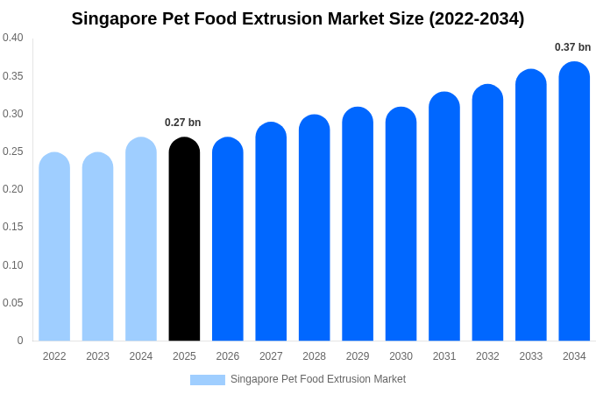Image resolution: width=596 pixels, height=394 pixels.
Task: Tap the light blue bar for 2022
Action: click(54, 247)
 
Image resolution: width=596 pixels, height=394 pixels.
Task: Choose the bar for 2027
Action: click(271, 232)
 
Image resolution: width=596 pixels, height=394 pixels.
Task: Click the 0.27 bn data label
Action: click(183, 123)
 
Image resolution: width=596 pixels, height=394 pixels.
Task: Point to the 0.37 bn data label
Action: click(572, 47)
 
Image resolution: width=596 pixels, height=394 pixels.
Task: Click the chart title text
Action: click(298, 18)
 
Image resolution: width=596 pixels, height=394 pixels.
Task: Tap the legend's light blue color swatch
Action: click(208, 380)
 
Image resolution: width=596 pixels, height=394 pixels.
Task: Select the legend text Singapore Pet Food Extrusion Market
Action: click(318, 380)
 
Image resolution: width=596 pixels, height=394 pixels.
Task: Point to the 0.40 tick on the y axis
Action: click(13, 38)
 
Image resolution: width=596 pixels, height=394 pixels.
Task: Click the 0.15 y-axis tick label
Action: click(13, 227)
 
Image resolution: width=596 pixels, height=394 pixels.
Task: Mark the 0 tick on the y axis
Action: click(20, 341)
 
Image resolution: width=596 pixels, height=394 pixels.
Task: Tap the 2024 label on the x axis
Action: click(141, 356)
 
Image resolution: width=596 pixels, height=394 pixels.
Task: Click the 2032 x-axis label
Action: click(487, 356)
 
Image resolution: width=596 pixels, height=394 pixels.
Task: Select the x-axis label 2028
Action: click(314, 356)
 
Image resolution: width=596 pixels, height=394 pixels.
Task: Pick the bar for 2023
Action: click(97, 247)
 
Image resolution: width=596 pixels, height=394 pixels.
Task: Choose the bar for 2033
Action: click(531, 206)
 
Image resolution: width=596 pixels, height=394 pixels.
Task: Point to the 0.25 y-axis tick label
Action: click(13, 151)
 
